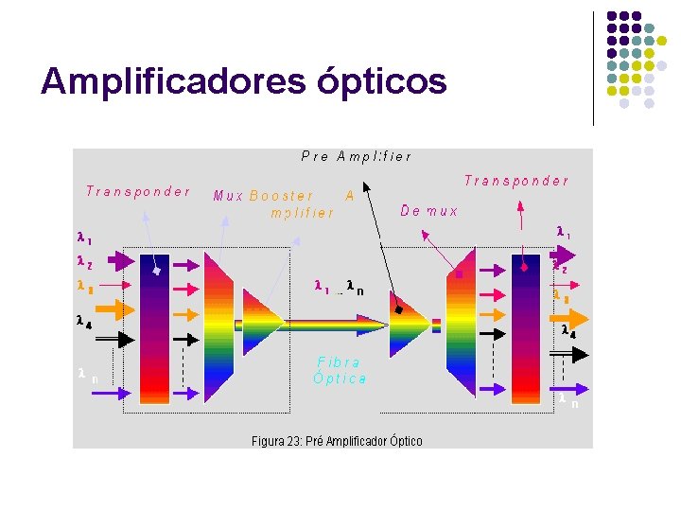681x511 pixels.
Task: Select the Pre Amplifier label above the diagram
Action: pyautogui.click(x=357, y=156)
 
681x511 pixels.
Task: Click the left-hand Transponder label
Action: pyautogui.click(x=138, y=191)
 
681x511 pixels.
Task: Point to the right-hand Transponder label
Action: pyautogui.click(x=516, y=181)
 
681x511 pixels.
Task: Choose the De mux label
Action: pyautogui.click(x=429, y=211)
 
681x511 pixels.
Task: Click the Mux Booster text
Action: pyautogui.click(x=264, y=196)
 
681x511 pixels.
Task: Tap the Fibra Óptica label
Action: pyautogui.click(x=340, y=370)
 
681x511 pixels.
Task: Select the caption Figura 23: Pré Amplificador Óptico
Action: pyautogui.click(x=337, y=441)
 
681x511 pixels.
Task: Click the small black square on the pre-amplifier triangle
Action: pyautogui.click(x=399, y=309)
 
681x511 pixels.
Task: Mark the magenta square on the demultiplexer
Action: pyautogui.click(x=460, y=274)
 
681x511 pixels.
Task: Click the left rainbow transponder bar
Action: pyautogui.click(x=154, y=327)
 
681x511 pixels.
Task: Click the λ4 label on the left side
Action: pyautogui.click(x=84, y=321)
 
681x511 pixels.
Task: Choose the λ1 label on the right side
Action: pyautogui.click(x=563, y=231)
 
